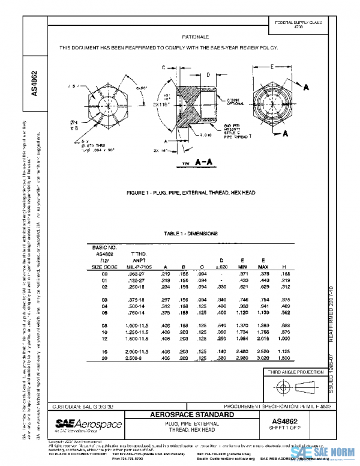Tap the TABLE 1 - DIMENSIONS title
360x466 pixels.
(x=191, y=233)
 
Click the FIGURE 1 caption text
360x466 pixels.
(x=191, y=195)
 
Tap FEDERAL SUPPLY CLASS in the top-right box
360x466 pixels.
(x=298, y=23)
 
